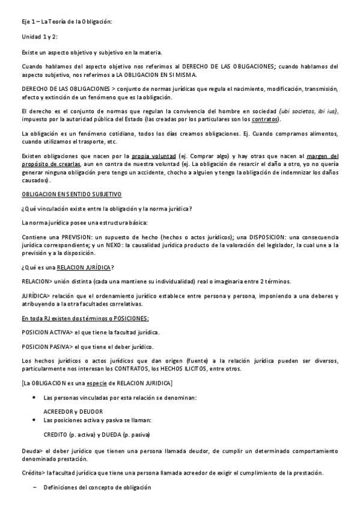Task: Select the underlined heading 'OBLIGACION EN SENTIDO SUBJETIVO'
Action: coord(72,194)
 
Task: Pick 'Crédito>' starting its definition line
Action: coord(34,472)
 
